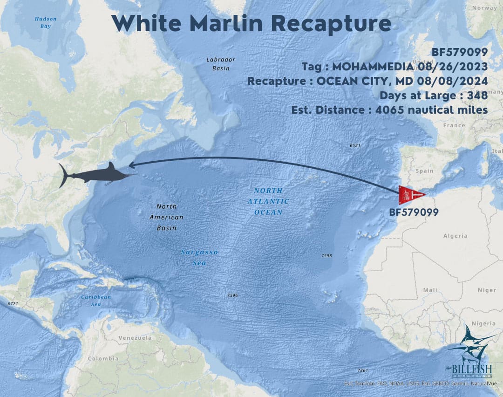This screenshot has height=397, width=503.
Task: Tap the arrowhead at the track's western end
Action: click(x=131, y=164)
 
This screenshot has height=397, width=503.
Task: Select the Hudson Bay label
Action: click(x=46, y=22)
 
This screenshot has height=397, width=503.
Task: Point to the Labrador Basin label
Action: click(x=221, y=63)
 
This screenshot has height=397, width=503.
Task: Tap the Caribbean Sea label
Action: click(x=96, y=301)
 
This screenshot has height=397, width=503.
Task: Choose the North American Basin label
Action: click(x=166, y=217)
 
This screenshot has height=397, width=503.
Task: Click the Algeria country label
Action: click(x=455, y=236)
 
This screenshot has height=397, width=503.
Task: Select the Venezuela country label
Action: click(x=135, y=337)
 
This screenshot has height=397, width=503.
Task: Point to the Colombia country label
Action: click(x=103, y=358)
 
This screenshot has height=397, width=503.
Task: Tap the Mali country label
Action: click(x=430, y=290)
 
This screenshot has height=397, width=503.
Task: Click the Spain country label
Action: click(x=424, y=171)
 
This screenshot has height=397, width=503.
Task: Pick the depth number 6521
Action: click(x=355, y=146)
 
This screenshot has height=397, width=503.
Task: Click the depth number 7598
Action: click(x=326, y=256)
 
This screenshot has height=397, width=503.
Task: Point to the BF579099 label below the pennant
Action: click(x=414, y=212)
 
